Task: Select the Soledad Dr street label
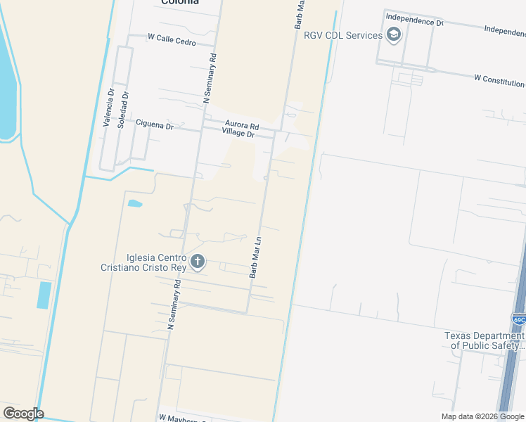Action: (x=124, y=108)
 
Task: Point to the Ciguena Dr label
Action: (x=154, y=125)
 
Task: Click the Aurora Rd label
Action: (x=242, y=125)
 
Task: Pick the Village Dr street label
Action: (x=238, y=132)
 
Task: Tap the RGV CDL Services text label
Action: (x=342, y=35)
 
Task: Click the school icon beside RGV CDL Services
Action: (x=394, y=35)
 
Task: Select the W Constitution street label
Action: (x=499, y=79)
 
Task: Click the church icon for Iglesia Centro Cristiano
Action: (x=198, y=262)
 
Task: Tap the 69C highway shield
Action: (x=519, y=319)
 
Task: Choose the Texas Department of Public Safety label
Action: (x=485, y=340)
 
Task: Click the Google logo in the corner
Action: (x=23, y=414)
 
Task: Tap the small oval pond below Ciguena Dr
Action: (x=135, y=204)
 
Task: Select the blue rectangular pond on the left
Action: (x=44, y=295)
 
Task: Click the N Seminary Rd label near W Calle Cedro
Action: (x=209, y=77)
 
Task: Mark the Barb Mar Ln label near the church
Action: (x=256, y=257)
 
